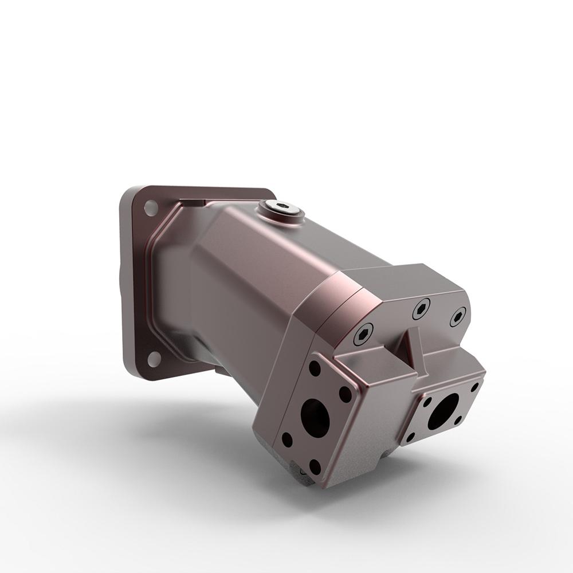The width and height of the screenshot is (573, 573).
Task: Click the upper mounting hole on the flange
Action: click(x=151, y=207)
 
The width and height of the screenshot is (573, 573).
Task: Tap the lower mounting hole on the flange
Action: click(x=154, y=359)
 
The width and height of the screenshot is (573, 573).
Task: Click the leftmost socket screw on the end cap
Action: click(x=363, y=333)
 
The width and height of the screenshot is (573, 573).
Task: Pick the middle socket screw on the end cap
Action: click(x=422, y=309)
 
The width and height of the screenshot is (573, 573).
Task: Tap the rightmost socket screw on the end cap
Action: click(x=458, y=317)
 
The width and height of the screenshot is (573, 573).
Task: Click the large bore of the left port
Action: click(x=315, y=418)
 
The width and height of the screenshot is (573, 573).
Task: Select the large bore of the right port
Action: click(x=443, y=411)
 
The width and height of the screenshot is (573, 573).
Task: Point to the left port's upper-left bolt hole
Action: click(x=315, y=368)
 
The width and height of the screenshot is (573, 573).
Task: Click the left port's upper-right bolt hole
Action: click(x=346, y=394)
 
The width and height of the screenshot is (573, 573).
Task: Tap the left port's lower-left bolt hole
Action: click(x=287, y=440)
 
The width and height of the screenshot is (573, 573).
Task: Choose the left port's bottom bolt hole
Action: click(x=315, y=466)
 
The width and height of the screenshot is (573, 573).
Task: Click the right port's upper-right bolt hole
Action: click(x=474, y=387)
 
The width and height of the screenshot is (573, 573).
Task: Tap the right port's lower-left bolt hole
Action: click(x=410, y=437)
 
